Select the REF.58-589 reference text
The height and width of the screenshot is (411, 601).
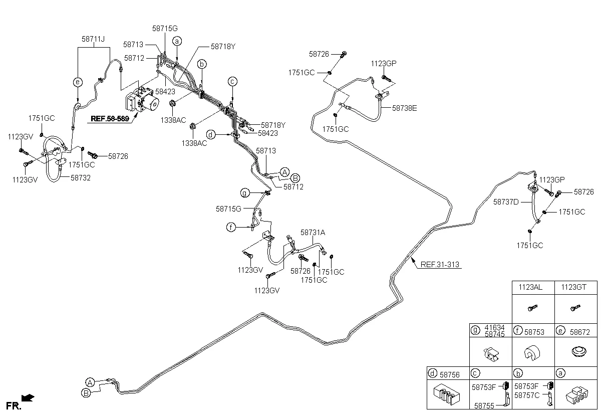[x=110, y=119]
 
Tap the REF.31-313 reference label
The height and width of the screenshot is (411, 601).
[x=440, y=265]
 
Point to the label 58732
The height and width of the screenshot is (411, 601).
[x=81, y=177]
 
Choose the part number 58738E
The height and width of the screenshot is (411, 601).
[x=404, y=107]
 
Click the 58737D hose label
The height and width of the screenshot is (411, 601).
[x=506, y=201]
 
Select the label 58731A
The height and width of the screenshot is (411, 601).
[x=313, y=233]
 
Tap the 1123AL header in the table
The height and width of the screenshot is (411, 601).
[x=532, y=287]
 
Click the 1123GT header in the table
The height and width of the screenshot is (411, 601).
[x=575, y=287]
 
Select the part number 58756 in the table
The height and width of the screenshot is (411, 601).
[x=449, y=373]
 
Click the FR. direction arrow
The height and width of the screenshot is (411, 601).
[x=29, y=398]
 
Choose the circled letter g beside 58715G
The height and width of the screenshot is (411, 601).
[x=245, y=193]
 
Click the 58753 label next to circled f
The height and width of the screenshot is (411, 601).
[x=534, y=331]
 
